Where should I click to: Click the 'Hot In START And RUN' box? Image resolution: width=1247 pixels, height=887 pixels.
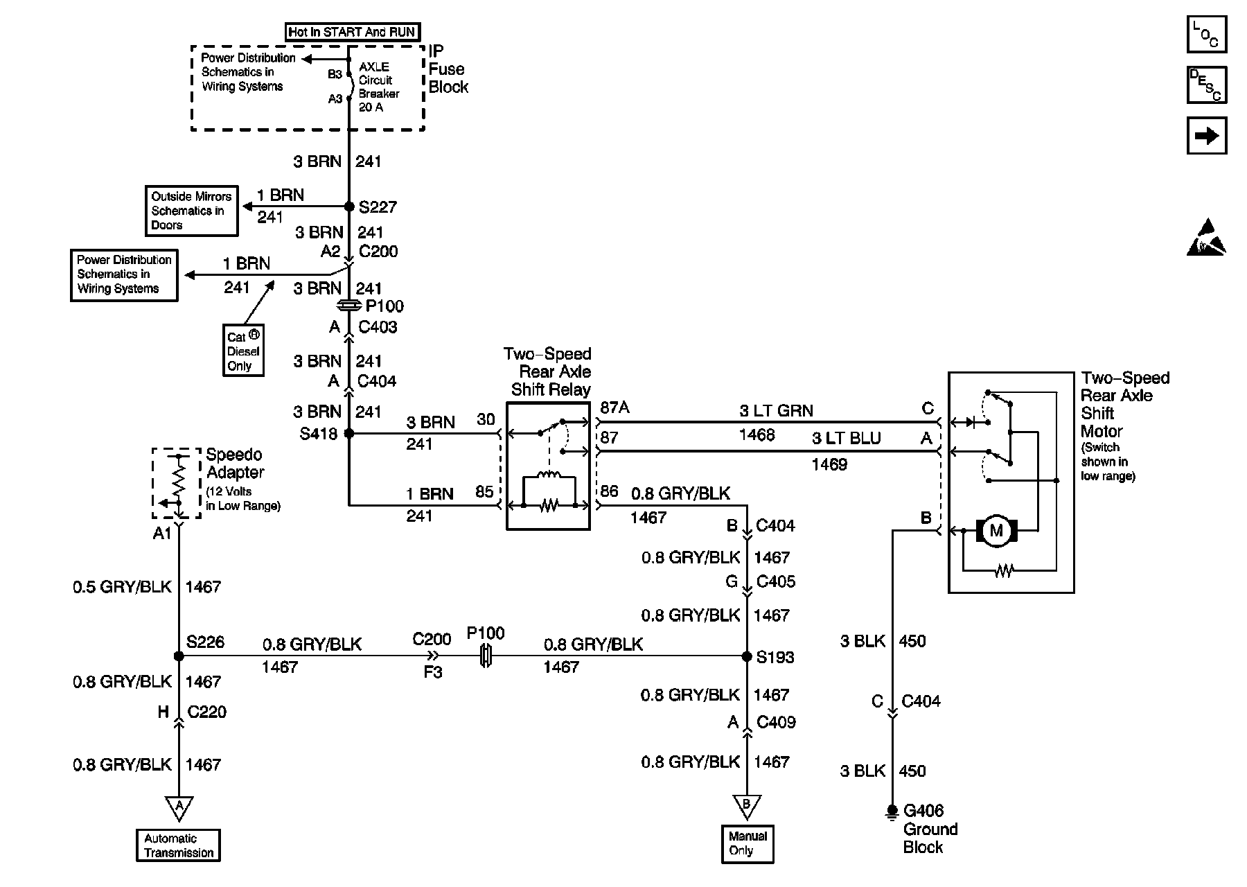[352, 32]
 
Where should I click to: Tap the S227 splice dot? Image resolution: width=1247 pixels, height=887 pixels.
[349, 207]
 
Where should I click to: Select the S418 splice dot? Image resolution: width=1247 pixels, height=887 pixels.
[349, 434]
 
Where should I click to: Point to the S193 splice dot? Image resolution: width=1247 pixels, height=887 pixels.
[747, 656]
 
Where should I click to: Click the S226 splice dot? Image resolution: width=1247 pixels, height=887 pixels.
[179, 656]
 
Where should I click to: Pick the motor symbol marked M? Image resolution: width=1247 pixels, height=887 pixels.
[996, 531]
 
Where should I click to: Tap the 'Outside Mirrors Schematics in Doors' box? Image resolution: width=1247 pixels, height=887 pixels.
[191, 211]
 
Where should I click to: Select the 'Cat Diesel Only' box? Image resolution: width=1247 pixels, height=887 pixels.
[243, 351]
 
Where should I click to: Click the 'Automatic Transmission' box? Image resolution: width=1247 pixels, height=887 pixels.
[178, 845]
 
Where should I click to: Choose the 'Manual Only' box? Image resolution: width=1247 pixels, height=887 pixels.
[748, 843]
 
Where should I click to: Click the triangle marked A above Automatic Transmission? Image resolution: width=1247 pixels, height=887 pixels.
[179, 807]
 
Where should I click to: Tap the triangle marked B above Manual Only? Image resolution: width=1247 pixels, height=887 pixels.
[747, 805]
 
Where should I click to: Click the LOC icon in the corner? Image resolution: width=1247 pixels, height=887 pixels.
[1206, 34]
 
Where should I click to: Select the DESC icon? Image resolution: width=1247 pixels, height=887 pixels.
[1206, 85]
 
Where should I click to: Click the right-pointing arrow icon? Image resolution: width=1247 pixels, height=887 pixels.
[1206, 135]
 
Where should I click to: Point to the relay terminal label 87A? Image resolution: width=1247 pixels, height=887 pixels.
[614, 407]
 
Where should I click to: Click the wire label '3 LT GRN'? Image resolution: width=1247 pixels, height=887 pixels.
[776, 411]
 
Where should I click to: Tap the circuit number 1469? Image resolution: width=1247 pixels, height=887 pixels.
[829, 464]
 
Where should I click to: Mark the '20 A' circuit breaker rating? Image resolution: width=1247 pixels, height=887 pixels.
[371, 107]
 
